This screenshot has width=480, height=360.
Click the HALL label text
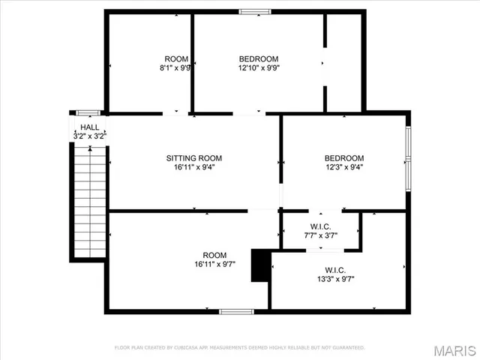coord(88,128)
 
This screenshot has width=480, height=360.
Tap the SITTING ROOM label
coord(193,158)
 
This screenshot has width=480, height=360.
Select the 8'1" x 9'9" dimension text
coord(176,67)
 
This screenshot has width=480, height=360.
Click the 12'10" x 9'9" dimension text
coord(259,67)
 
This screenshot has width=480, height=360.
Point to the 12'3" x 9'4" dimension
coord(344,167)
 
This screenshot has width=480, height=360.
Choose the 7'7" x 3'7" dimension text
coord(320,236)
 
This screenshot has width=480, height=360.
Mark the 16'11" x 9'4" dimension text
coord(193,167)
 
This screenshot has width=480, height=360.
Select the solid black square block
coord(260,266)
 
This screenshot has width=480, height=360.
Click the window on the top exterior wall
coord(255,11)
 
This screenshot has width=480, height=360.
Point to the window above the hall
coord(88,112)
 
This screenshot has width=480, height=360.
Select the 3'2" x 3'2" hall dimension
coord(88,136)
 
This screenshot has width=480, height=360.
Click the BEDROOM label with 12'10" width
coord(259,59)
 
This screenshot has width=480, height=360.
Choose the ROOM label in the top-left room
coord(176,59)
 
